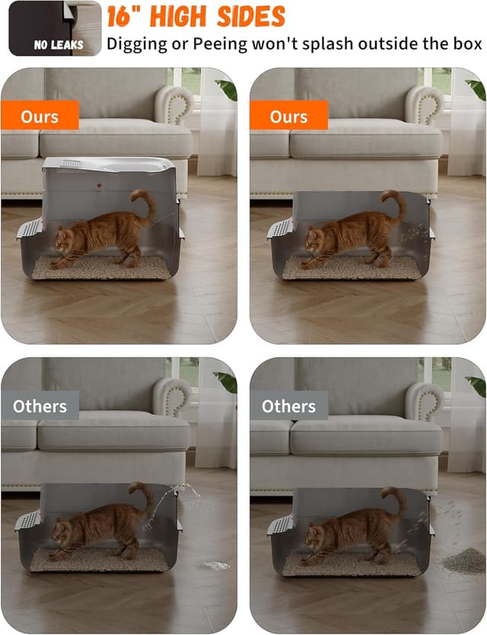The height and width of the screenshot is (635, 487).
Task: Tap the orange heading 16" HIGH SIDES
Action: pyautogui.click(x=196, y=16)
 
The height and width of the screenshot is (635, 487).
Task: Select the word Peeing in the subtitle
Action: pyautogui.click(x=229, y=43)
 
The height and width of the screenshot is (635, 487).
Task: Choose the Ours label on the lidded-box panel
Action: pyautogui.click(x=40, y=116)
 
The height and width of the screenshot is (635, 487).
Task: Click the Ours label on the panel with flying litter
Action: pyautogui.click(x=289, y=116)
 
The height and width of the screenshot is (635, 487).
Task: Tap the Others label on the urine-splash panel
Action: pyautogui.click(x=40, y=406)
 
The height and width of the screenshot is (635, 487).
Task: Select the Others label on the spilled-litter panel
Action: pyautogui.click(x=289, y=406)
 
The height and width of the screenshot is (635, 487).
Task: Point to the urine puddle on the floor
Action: pyautogui.click(x=215, y=565)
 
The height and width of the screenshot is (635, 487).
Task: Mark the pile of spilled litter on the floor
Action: pyautogui.click(x=464, y=561)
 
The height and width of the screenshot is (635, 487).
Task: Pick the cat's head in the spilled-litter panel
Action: pyautogui.click(x=313, y=533)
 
